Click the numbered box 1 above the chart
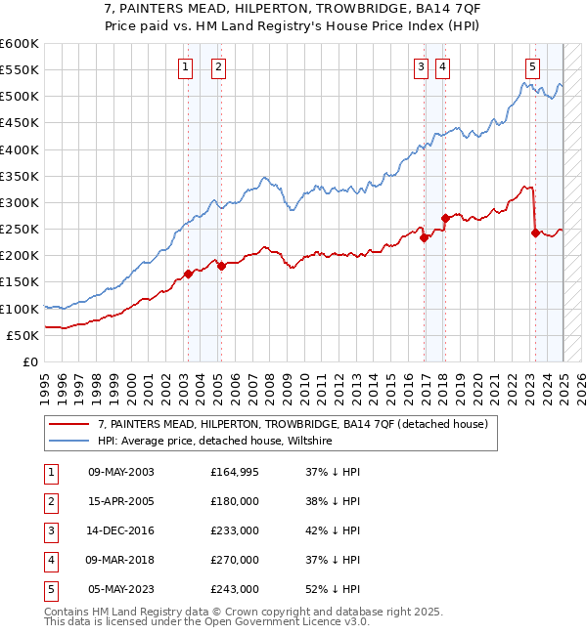tap(186, 67)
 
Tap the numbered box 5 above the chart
tap(532, 67)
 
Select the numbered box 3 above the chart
tap(421, 67)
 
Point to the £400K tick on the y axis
tap(21, 149)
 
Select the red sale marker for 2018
tap(445, 218)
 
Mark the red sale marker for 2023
tap(535, 233)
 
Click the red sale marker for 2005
tap(221, 266)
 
